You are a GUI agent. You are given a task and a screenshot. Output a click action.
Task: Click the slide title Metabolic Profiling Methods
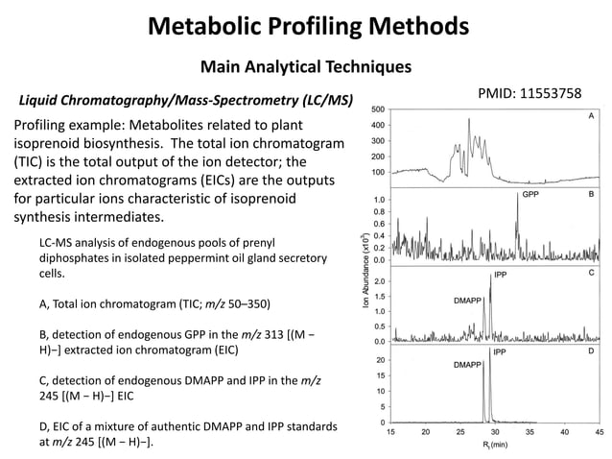click(307, 24)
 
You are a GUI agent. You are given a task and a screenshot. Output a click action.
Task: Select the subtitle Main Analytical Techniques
click(305, 66)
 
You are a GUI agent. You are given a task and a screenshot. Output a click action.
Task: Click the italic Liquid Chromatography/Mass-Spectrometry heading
click(180, 100)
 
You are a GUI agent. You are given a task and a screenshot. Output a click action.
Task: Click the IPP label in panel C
click(500, 275)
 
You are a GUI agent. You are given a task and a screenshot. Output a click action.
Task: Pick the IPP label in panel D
click(500, 353)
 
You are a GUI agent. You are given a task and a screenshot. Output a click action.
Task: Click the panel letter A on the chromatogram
click(591, 115)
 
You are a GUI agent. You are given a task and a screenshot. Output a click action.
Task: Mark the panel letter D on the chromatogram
click(591, 353)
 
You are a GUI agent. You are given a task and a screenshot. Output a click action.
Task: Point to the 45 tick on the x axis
click(600, 432)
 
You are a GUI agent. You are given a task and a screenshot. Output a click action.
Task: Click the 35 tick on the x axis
click(530, 432)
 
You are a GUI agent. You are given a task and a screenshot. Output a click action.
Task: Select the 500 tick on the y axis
click(378, 109)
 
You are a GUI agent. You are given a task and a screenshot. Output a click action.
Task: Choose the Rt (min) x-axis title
click(495, 446)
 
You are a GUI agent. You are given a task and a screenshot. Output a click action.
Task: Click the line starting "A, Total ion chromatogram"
click(154, 304)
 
